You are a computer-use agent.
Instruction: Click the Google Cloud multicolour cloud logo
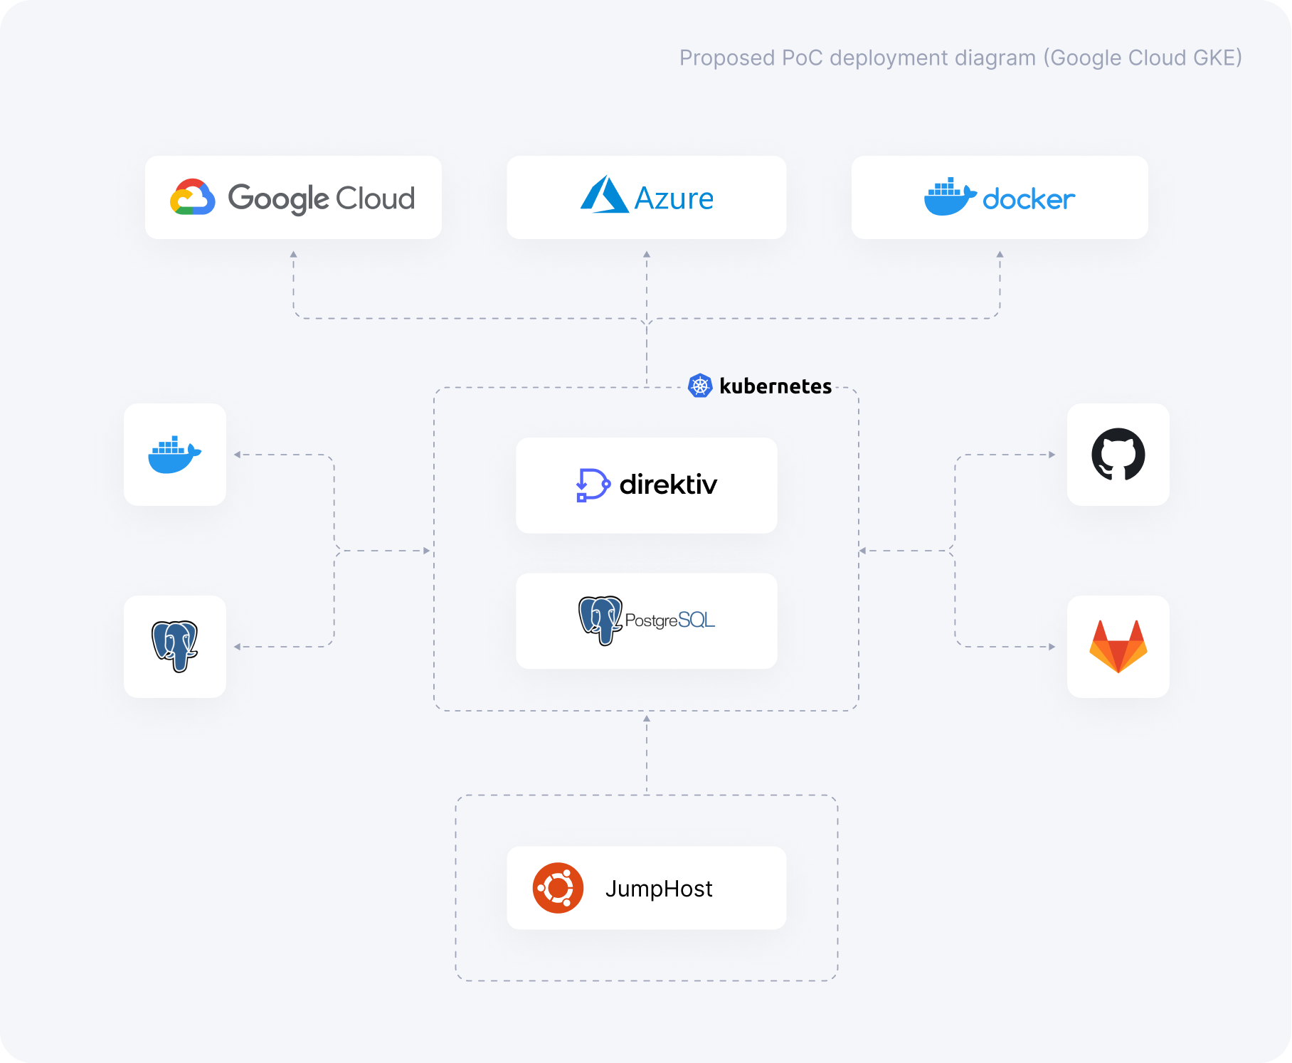coord(193,197)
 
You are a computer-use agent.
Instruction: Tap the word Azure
coord(674,199)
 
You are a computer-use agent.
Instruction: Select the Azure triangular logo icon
coord(603,195)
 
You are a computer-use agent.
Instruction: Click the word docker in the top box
coord(1028,200)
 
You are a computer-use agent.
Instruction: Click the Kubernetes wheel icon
coord(700,386)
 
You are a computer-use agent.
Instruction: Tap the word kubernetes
coord(775,386)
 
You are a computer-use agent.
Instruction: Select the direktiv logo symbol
coord(592,485)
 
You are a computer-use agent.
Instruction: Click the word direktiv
coord(668,485)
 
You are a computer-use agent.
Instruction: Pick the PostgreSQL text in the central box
coord(669,620)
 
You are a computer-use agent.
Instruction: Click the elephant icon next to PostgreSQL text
coord(600,620)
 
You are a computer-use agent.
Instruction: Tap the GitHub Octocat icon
coord(1118,455)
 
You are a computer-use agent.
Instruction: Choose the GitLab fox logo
coord(1118,646)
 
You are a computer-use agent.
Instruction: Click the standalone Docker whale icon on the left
coord(174,455)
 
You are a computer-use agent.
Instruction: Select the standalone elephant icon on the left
coord(174,646)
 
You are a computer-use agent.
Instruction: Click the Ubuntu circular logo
coord(558,888)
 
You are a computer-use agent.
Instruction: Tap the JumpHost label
coord(659,889)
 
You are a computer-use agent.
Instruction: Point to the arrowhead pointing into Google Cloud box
coord(293,254)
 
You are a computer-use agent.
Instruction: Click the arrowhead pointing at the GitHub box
coord(1052,455)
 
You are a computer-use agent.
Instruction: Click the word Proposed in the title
coord(726,58)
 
